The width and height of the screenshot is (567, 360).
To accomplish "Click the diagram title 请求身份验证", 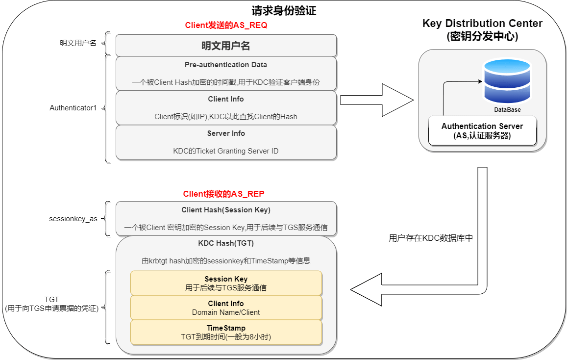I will pyautogui.click(x=283, y=10).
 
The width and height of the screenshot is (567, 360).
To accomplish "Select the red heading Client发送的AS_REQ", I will pyautogui.click(x=226, y=26).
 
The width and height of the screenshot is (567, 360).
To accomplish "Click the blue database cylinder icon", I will pyautogui.click(x=507, y=81).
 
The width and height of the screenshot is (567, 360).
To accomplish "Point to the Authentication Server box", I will pyautogui.click(x=482, y=131).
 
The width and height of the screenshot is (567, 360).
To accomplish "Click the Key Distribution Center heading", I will pyautogui.click(x=482, y=30).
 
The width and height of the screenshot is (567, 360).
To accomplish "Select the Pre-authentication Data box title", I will pyautogui.click(x=226, y=65).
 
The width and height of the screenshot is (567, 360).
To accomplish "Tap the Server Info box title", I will pyautogui.click(x=226, y=133).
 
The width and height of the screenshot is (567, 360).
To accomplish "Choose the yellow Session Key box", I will pyautogui.click(x=226, y=283).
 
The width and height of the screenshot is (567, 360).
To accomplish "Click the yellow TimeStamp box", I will pyautogui.click(x=226, y=332).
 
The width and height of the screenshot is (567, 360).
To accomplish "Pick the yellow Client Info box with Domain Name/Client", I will pyautogui.click(x=226, y=308).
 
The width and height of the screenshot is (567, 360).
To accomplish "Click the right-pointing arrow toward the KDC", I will pyautogui.click(x=377, y=100).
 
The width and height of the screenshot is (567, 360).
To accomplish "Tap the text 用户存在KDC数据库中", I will pyautogui.click(x=431, y=238).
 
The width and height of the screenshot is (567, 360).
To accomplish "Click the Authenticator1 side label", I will pyautogui.click(x=74, y=108).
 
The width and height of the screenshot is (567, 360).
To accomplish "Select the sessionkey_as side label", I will pyautogui.click(x=73, y=219).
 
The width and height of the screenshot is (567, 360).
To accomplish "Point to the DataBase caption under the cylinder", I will pyautogui.click(x=507, y=110).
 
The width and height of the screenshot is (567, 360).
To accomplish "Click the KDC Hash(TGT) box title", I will pyautogui.click(x=226, y=243).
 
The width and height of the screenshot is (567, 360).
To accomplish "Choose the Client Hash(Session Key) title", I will pyautogui.click(x=226, y=210).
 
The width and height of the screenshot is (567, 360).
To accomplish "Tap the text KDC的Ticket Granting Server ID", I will pyautogui.click(x=226, y=151).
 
